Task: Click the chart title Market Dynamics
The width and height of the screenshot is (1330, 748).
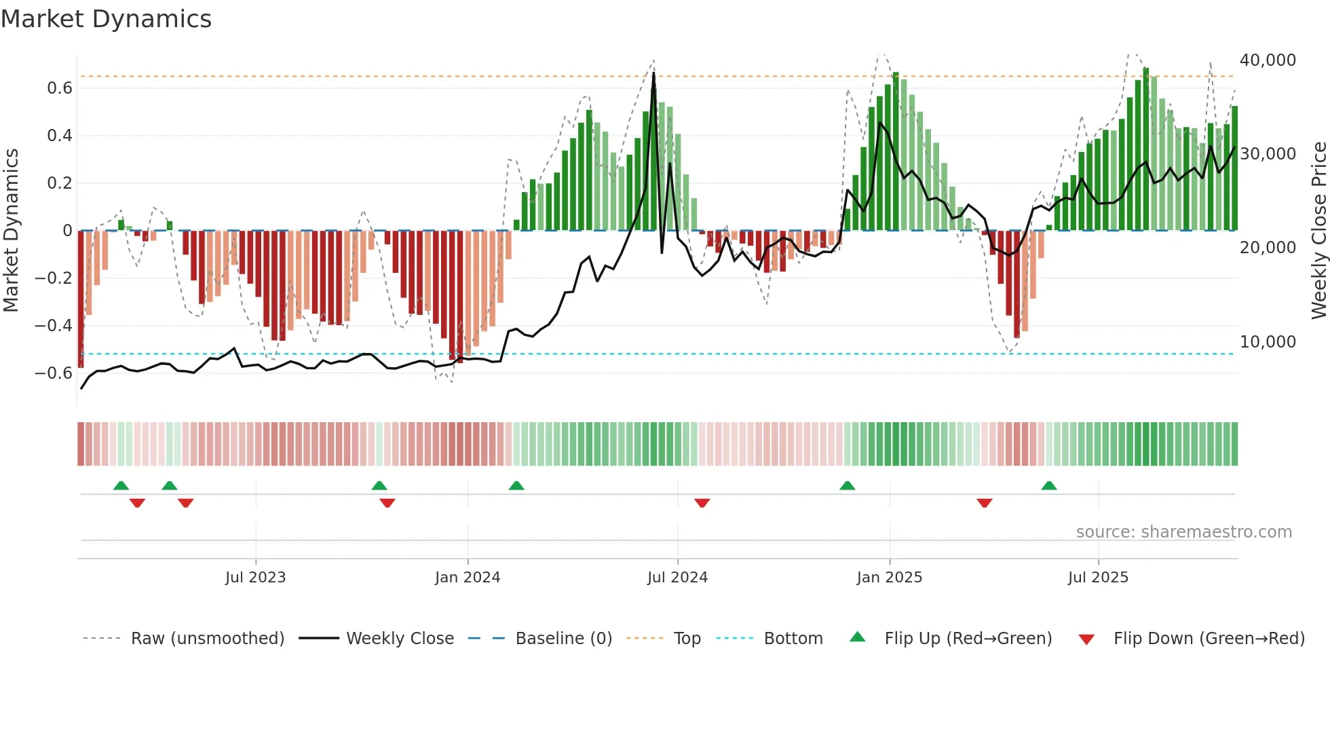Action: click(x=106, y=19)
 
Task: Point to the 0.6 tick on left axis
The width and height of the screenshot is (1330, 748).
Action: click(x=59, y=88)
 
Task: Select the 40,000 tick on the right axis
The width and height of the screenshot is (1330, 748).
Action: click(x=1268, y=60)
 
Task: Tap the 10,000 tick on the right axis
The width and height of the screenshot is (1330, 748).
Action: click(x=1268, y=342)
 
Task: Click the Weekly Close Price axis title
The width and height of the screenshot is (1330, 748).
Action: click(x=1318, y=231)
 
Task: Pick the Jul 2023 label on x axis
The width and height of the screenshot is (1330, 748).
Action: click(x=255, y=578)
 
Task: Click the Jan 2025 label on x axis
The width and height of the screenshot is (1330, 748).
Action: click(x=889, y=578)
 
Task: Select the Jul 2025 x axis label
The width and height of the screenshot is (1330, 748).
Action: click(x=1097, y=578)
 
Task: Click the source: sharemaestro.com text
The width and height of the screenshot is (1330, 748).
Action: click(x=1183, y=532)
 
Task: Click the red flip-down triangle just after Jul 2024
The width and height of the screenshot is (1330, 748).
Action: click(x=702, y=503)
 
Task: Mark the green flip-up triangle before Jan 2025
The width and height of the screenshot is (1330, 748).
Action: click(x=847, y=485)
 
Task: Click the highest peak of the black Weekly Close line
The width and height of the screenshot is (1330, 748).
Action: click(x=653, y=73)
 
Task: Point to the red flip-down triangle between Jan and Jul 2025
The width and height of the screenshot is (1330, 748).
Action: click(x=985, y=503)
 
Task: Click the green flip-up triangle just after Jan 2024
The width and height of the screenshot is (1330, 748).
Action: click(x=516, y=485)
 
